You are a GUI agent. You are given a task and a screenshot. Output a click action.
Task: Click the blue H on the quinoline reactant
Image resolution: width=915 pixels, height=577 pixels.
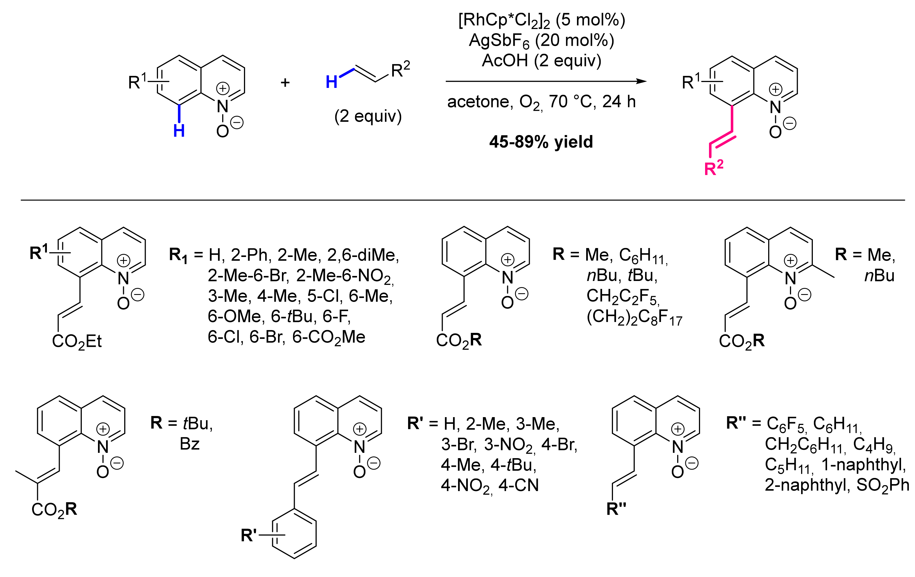179,131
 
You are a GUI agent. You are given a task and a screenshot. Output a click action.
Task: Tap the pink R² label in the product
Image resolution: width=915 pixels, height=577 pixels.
713,168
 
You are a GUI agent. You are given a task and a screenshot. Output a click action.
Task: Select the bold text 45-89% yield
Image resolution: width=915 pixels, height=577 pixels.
541,142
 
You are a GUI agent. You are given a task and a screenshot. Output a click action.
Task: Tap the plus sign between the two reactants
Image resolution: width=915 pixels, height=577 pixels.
285,82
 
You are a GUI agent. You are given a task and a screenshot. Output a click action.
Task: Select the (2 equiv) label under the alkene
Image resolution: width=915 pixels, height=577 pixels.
368,116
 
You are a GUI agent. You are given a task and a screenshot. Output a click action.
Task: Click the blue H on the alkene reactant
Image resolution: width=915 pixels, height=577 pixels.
331,82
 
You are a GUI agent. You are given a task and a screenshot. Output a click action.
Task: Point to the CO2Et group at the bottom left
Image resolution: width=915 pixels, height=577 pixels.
77,342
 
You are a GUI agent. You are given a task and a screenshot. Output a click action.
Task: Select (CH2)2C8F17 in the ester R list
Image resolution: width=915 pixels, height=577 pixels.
634,318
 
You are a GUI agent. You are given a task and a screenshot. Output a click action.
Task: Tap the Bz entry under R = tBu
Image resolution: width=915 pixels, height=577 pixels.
190,444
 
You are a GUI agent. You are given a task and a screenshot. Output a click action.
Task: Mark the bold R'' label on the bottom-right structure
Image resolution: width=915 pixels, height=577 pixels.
616,509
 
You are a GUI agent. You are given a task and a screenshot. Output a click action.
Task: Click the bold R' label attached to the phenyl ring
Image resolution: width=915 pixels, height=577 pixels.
249,535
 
